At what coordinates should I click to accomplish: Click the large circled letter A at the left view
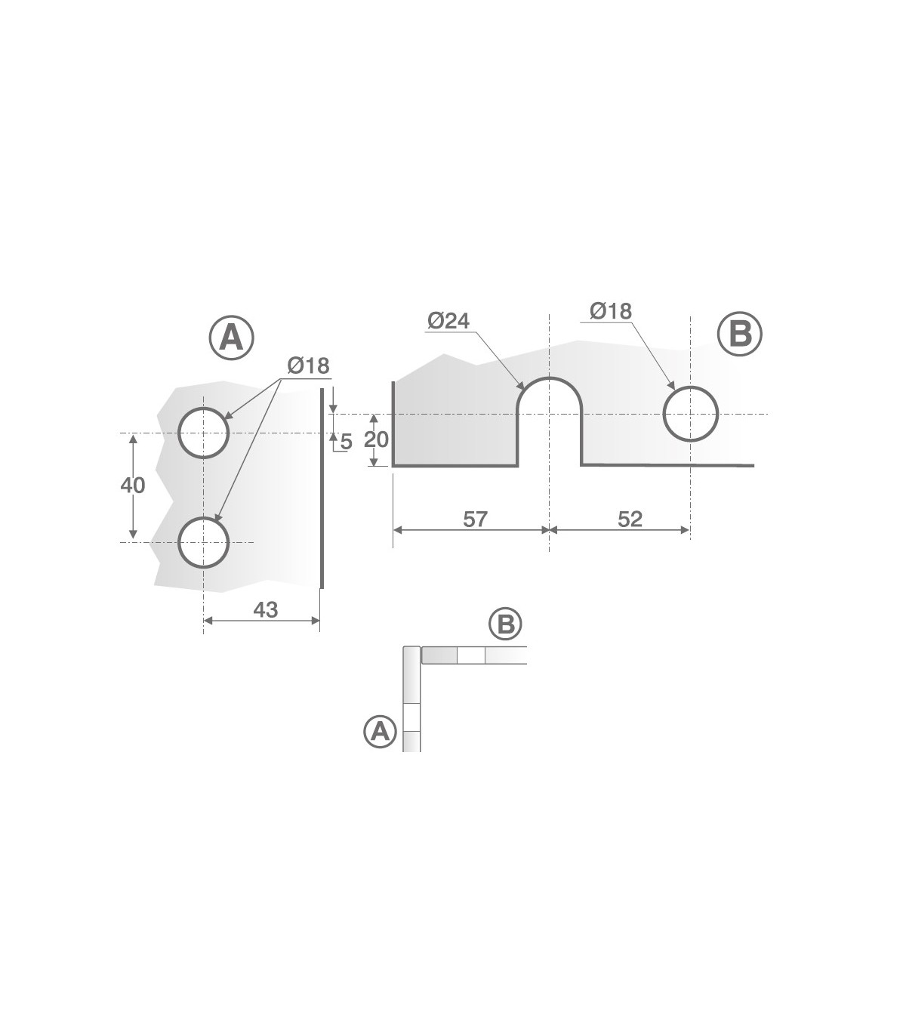[x=231, y=338]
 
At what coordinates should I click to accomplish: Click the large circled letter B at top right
[x=740, y=334]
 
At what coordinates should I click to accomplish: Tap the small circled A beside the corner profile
[x=380, y=732]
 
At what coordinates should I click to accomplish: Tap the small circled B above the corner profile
[x=505, y=624]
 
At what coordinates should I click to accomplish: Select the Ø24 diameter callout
[x=448, y=320]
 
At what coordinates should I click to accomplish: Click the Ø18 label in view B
[x=611, y=311]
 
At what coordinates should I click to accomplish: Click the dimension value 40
[x=133, y=486]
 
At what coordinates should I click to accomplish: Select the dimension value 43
[x=266, y=610]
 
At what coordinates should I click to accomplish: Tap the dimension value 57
[x=475, y=519]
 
